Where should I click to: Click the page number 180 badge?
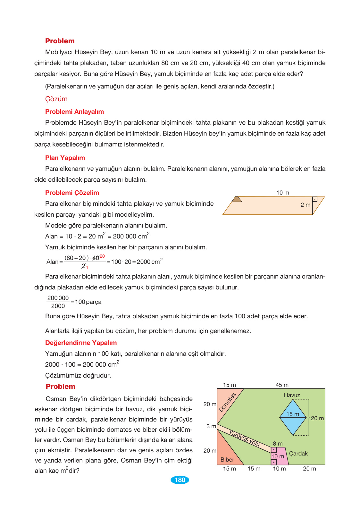pos(180,480)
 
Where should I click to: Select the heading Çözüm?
pos(56,99)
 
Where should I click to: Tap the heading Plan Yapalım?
pos(65,158)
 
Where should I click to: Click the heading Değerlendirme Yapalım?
pos(81,343)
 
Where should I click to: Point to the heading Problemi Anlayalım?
pos(74,112)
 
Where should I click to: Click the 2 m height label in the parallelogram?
pos(305,205)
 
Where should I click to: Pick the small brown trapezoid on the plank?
pos(237,199)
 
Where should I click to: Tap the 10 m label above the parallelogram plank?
pos(282,193)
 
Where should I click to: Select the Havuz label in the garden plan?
pos(292,395)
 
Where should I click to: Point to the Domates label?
pos(227,402)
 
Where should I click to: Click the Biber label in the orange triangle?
pos(227,460)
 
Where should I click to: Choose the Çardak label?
pos(298,454)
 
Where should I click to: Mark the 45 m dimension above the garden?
pos(282,385)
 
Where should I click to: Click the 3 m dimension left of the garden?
pos(211,426)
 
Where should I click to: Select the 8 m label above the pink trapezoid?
pos(278,444)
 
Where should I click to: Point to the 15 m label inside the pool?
pos(292,414)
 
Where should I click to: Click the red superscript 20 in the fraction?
pos(102,256)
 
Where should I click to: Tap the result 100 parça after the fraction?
pos(88,302)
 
